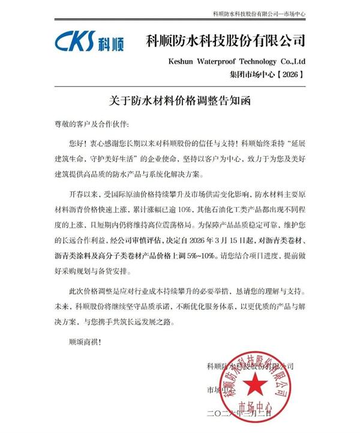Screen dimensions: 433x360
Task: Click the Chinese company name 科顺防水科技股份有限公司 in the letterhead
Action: pyautogui.click(x=226, y=41)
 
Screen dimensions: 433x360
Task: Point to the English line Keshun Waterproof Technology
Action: pyautogui.click(x=235, y=62)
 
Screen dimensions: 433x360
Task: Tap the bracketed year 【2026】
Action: pyautogui.click(x=292, y=74)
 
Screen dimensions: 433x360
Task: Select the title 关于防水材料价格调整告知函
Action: pyautogui.click(x=179, y=102)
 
